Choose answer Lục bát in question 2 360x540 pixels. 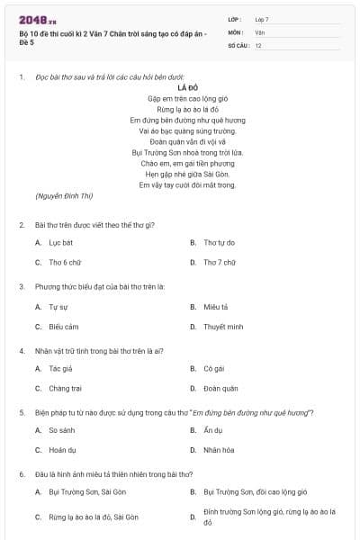click(x=60, y=242)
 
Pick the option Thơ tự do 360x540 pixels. click(x=219, y=242)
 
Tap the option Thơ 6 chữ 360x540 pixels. click(x=65, y=262)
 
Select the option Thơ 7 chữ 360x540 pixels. click(x=219, y=262)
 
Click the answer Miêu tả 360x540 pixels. click(x=216, y=306)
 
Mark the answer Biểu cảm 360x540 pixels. click(x=63, y=327)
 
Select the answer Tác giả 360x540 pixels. click(x=60, y=368)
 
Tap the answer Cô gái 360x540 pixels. click(x=213, y=368)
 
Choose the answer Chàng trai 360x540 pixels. click(x=65, y=389)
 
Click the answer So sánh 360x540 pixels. click(x=61, y=430)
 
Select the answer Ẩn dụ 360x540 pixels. click(x=212, y=430)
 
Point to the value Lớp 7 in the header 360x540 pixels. click(x=262, y=19)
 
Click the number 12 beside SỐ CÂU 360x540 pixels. click(x=258, y=44)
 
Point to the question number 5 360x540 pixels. click(x=22, y=411)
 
